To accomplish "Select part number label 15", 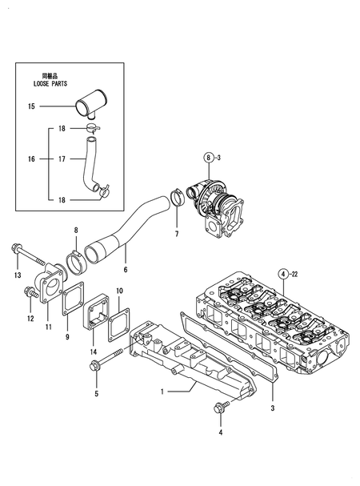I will coord(31,106).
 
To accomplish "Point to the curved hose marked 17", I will coord(89,159).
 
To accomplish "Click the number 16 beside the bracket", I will coord(31,159).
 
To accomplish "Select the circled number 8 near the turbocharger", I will coord(208,158).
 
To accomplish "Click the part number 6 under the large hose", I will coord(125,271).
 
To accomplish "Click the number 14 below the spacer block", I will coord(94,352).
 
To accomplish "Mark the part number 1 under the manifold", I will coord(162,392).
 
